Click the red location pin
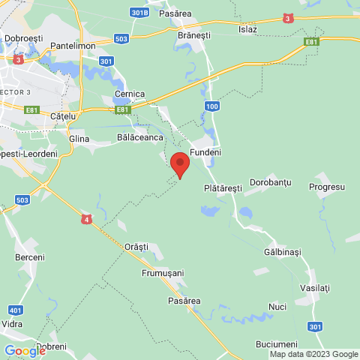coord(179,163)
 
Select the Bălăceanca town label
coord(140,138)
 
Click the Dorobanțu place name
coord(272,182)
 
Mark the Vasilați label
coord(314,288)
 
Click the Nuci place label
coord(277,307)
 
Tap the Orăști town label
coord(136,246)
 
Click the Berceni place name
coord(30,257)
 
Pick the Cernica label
coord(130,94)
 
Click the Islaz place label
coord(247,29)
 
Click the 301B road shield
coord(138,13)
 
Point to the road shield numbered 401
coord(15,309)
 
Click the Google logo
coord(25,350)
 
